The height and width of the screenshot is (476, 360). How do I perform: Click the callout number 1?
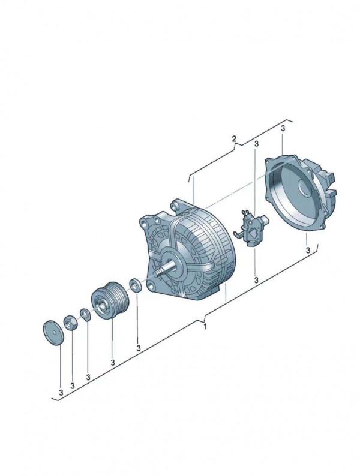coord(205,327)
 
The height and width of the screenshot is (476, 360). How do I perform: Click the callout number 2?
coord(233,139)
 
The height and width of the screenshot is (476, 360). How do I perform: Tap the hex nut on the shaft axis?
coord(71,322)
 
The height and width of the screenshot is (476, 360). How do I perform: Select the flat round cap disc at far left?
coord(53,333)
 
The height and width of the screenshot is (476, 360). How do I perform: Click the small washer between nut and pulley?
coord(85,314)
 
